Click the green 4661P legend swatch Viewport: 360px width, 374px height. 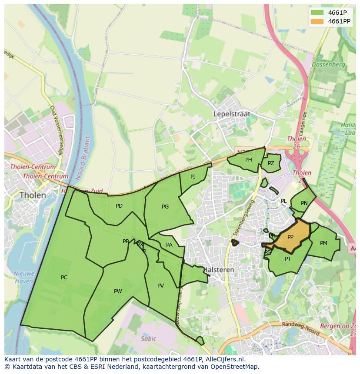coord(317,13)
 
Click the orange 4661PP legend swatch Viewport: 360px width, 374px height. coord(317,21)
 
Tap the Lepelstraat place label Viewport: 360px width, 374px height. coord(232,114)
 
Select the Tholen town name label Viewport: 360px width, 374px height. coord(33,195)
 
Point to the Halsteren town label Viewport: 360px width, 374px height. coord(219,270)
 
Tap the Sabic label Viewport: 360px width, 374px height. coord(148,339)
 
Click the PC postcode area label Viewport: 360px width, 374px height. coord(64,278)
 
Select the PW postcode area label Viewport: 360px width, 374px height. coord(118,291)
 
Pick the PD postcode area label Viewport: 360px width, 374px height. coord(119,206)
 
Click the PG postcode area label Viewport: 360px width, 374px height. coord(165,207)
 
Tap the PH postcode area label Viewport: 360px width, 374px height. coord(248,160)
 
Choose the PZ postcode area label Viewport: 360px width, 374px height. coord(271,163)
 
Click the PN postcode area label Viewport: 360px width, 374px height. coord(304,203)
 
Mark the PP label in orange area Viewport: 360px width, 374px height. coord(290,237)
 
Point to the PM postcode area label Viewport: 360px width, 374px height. coord(323,243)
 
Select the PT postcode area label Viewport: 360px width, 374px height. coord(288,259)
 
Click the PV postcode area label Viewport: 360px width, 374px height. coord(160,286)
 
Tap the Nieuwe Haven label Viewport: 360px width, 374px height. coord(23,277)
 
